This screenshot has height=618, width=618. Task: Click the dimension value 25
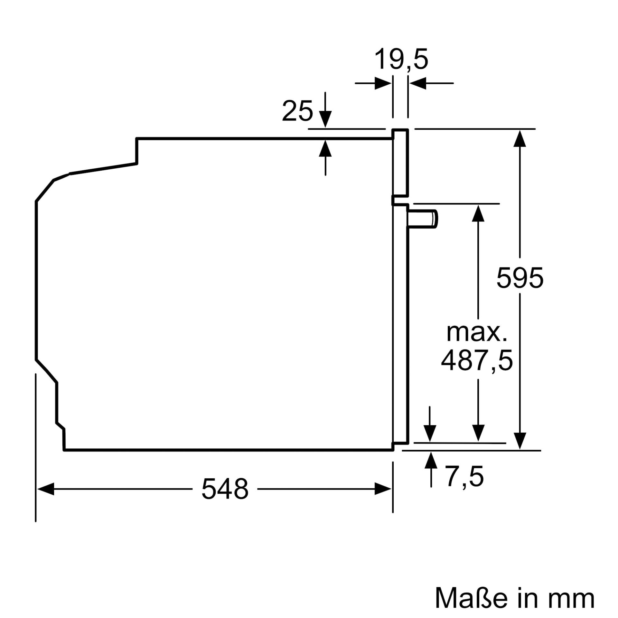point(297,111)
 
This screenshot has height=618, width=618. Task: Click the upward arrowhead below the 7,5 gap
point(431,460)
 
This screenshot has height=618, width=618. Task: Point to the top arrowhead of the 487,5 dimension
point(478,213)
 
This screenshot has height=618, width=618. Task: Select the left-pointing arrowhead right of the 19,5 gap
point(418,83)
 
